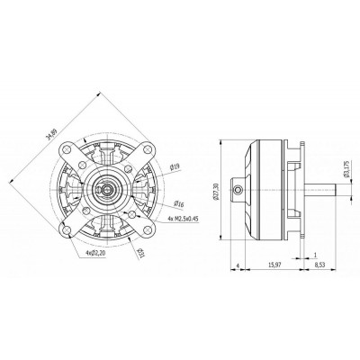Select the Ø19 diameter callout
[x=175, y=166]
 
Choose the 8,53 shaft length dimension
[x=321, y=264]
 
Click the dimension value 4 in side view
[x=236, y=264]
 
